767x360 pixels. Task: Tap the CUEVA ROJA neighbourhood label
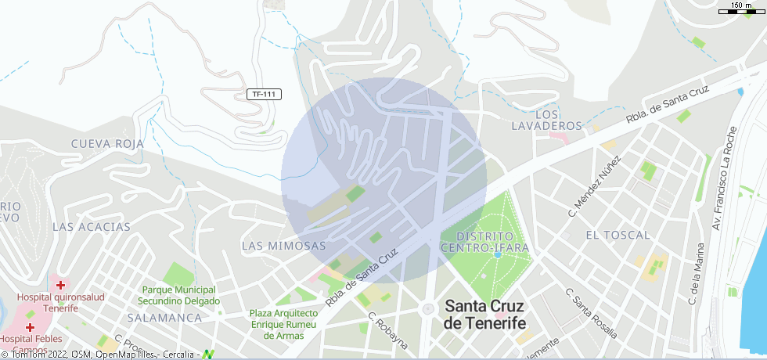tap(107, 143)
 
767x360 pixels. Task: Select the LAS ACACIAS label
tap(91, 226)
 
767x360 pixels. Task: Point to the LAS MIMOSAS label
tap(283, 245)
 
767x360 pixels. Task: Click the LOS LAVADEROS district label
tap(547, 120)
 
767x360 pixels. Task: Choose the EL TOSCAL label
tap(618, 234)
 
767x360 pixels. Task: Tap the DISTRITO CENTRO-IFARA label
tap(485, 241)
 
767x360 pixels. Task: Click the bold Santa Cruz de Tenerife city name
tap(484, 315)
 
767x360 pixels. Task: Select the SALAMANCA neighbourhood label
tap(164, 318)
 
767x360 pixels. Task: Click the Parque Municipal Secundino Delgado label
tap(178, 295)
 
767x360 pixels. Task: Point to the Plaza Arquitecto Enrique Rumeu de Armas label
tap(283, 324)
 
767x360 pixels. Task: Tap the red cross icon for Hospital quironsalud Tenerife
tap(59, 285)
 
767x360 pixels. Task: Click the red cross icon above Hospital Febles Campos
tap(30, 326)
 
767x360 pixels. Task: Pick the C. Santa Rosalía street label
tap(590, 311)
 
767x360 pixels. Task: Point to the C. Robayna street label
tap(388, 329)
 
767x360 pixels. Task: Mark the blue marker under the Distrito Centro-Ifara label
tap(497, 254)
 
